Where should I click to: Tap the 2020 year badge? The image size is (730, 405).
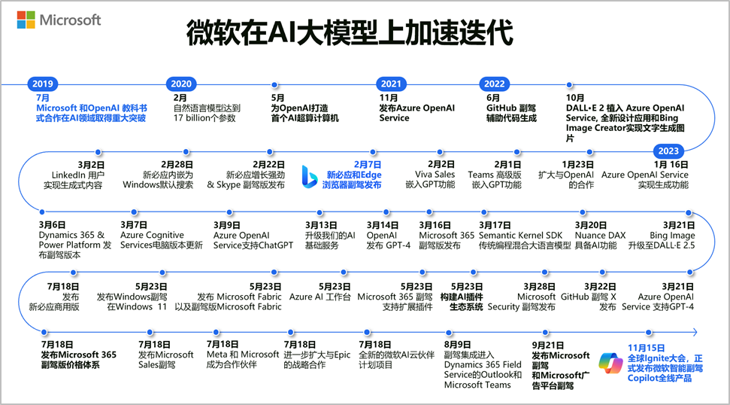181,84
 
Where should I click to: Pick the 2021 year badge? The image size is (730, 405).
391,84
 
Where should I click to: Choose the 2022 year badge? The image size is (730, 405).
494,84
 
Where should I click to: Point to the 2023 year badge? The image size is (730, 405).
668,150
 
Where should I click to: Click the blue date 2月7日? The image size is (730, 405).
366,163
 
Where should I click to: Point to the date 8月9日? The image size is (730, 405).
458,344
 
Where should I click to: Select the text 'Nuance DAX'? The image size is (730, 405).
600,236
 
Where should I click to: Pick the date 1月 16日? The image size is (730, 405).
671,164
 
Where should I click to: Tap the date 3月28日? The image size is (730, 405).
538,286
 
